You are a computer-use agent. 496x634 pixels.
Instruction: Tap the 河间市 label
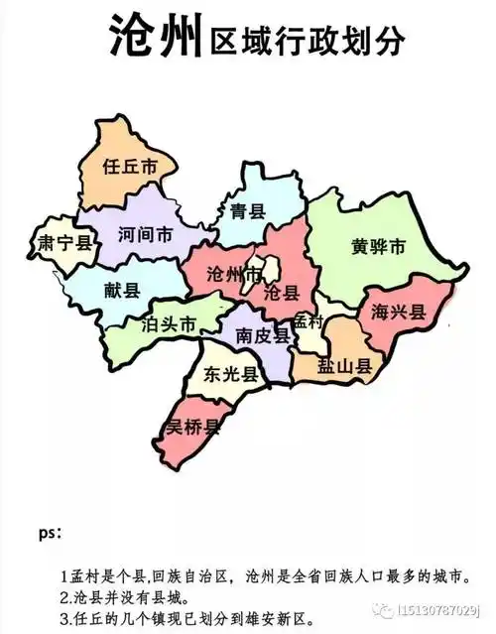pos(145,235)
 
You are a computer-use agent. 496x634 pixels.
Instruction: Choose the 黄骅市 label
pos(379,246)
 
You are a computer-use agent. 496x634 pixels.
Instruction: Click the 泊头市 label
pos(170,324)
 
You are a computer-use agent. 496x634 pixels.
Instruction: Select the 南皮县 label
pos(263,337)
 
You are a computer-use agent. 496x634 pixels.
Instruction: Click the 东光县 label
pos(231,374)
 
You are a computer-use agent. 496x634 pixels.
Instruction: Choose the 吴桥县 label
pos(192,427)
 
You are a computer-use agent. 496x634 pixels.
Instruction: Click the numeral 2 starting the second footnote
pos(64,599)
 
